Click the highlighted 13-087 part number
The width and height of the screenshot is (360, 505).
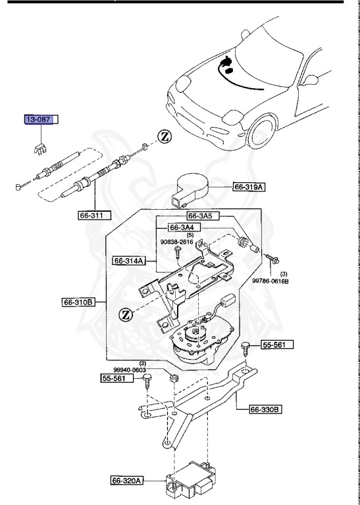(x=38, y=120)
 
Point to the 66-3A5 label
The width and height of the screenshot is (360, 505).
(x=202, y=215)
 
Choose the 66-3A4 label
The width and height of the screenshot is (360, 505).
(x=184, y=228)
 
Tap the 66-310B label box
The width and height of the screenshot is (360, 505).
(x=78, y=303)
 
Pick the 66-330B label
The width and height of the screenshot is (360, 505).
(x=265, y=410)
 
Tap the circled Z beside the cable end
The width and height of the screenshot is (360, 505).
(x=165, y=137)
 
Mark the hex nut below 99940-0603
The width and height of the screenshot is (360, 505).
(x=174, y=378)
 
